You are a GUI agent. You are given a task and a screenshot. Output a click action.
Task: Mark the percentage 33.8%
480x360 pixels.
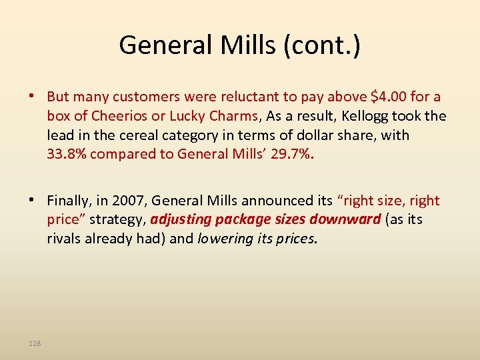(67, 154)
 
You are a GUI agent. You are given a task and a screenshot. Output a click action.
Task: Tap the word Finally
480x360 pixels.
(70, 201)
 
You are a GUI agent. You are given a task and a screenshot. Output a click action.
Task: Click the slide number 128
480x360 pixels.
(35, 343)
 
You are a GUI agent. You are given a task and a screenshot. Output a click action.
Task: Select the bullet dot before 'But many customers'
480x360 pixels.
(32, 97)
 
